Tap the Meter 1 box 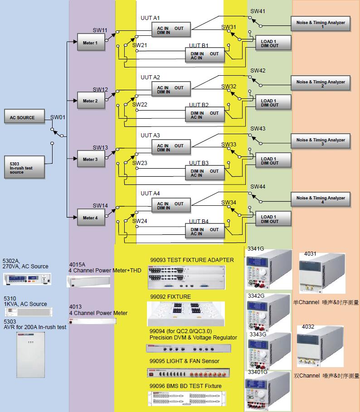click(x=90, y=43)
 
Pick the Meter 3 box click(x=90, y=159)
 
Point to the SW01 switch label click(x=58, y=117)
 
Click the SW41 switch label click(x=258, y=11)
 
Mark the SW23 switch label click(x=140, y=163)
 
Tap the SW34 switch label click(x=229, y=202)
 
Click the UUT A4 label click(x=150, y=194)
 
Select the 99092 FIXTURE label click(x=170, y=297)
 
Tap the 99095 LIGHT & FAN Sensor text click(x=184, y=361)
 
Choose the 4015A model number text click(x=77, y=264)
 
